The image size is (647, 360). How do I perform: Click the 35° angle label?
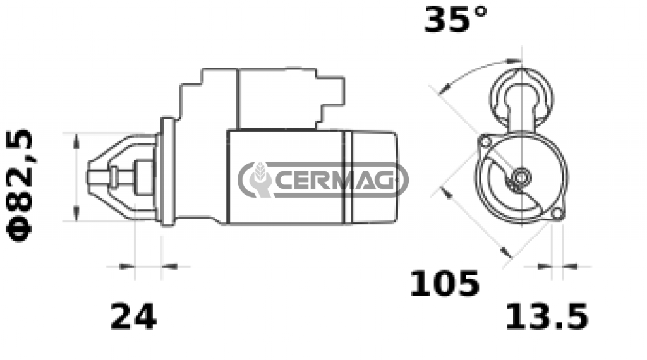[456, 19]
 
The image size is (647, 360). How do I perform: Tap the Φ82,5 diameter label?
[20, 185]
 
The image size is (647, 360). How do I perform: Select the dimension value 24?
[133, 316]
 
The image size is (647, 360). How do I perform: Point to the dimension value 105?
[445, 284]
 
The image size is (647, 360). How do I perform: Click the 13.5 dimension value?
[547, 316]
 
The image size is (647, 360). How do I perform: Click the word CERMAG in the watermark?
[334, 180]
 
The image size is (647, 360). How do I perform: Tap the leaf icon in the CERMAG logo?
[260, 172]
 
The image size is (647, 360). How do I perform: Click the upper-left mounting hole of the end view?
[486, 142]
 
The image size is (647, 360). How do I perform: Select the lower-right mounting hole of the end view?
[557, 213]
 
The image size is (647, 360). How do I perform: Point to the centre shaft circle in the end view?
[521, 177]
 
